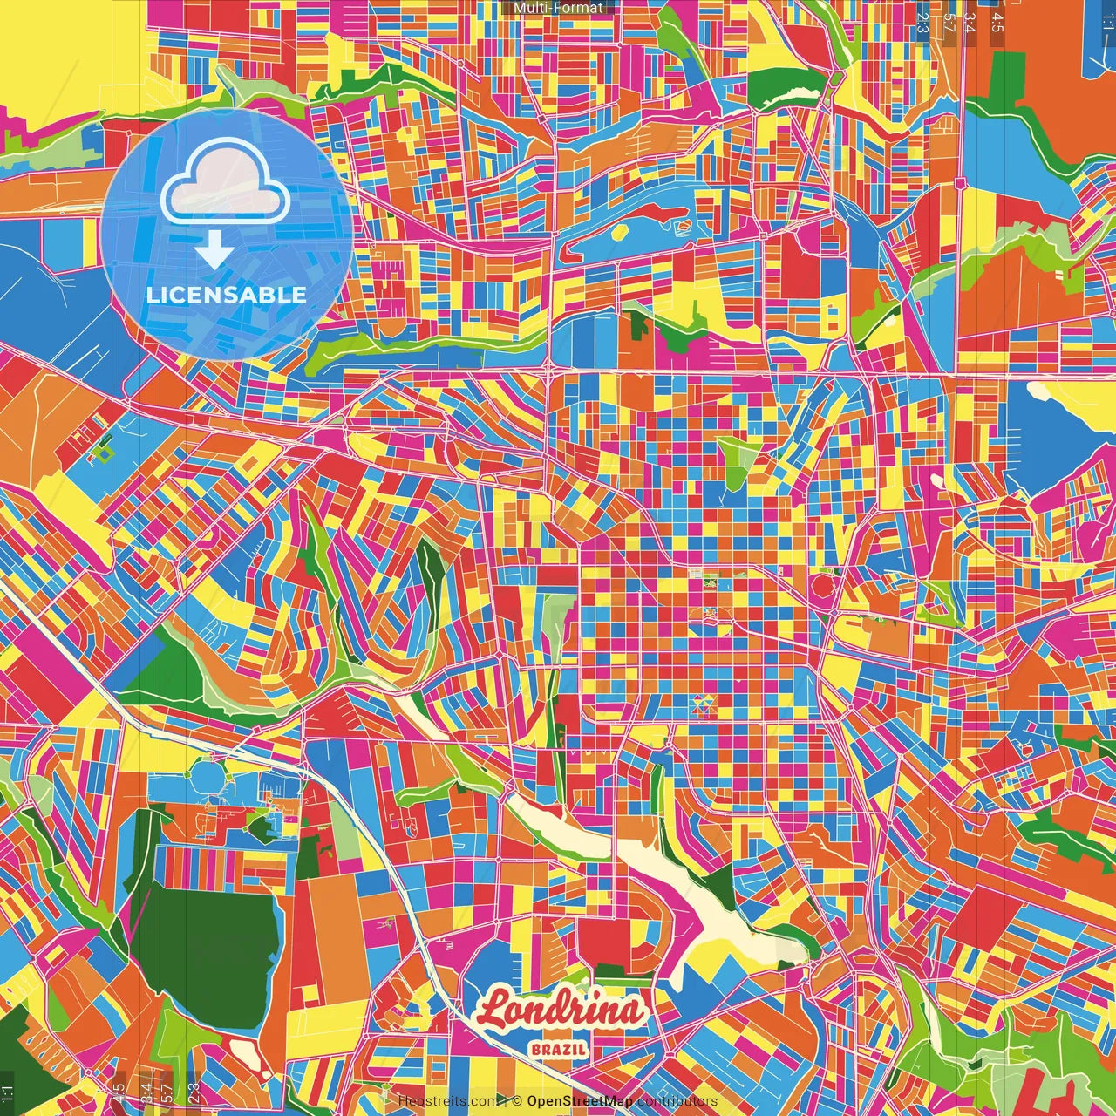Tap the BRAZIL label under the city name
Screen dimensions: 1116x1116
coord(558,1049)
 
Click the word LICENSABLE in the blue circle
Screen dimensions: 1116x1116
coord(227,295)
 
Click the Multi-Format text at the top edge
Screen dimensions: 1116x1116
coord(558,8)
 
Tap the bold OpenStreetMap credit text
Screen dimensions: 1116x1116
coord(579,1101)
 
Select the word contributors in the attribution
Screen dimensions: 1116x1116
coord(677,1101)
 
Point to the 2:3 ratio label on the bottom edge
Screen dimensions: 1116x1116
coord(194,1092)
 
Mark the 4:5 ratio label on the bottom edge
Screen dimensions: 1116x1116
coord(119,1092)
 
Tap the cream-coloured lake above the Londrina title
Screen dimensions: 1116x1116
coord(689,889)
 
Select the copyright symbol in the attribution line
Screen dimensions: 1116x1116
coord(517,1101)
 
